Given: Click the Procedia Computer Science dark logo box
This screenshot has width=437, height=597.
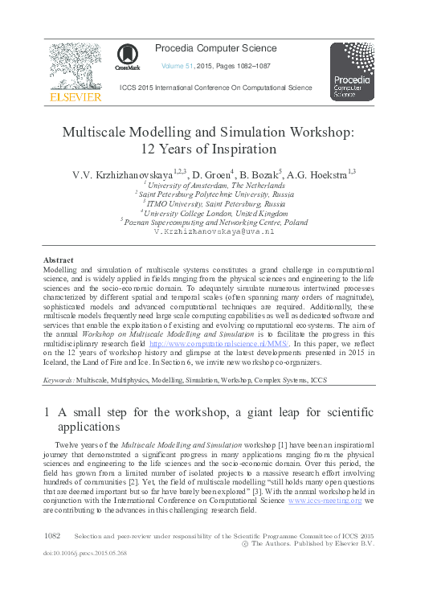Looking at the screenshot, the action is click(352, 72).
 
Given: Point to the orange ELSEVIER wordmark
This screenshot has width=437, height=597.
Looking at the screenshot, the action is click(76, 96).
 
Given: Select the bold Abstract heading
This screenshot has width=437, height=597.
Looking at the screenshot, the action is click(58, 260).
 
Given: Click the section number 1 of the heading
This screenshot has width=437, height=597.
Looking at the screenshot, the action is click(46, 412).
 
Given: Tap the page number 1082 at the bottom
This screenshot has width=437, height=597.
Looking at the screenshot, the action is click(53, 534).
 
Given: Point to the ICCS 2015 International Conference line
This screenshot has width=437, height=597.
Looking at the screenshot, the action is click(216, 88).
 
